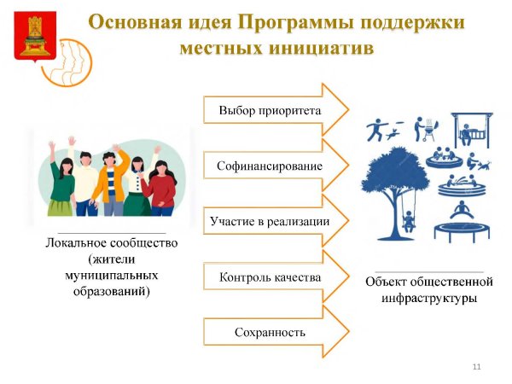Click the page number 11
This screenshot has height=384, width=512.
[x=476, y=366]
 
